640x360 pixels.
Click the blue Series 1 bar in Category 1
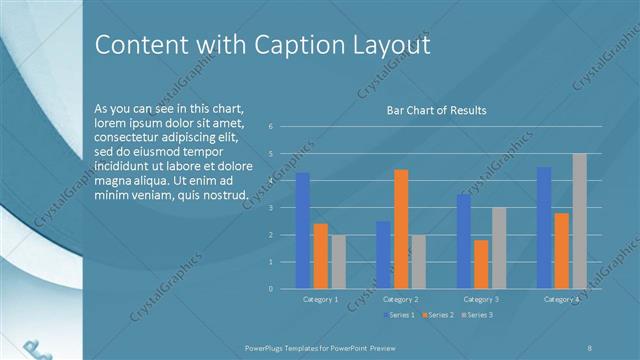click(302, 231)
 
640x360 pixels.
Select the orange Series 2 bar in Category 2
click(401, 229)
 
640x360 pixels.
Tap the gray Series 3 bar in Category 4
click(580, 221)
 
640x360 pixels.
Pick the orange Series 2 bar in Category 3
click(481, 264)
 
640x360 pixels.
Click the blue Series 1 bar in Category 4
click(544, 228)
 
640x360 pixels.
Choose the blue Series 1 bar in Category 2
click(383, 255)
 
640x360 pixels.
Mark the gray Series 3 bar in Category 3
click(499, 248)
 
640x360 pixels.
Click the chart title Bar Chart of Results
click(436, 110)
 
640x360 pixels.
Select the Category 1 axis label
click(320, 299)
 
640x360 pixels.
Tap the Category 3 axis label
click(481, 299)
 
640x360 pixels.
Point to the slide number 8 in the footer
click(590, 347)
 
